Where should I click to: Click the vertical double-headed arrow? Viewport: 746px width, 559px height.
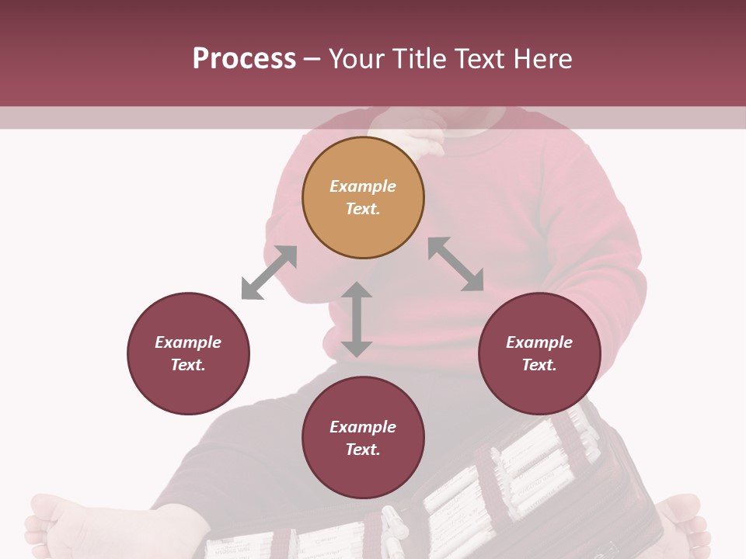click(357, 319)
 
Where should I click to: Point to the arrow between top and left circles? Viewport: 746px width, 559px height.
click(269, 273)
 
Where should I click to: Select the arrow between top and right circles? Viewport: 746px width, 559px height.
click(456, 264)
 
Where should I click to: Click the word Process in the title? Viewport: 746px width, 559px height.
click(244, 59)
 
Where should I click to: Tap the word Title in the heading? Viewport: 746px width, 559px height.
click(420, 59)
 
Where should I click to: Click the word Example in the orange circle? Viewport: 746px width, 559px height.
click(363, 186)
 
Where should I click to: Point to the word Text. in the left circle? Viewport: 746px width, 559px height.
click(188, 365)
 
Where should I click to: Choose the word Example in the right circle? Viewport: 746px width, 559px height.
click(539, 342)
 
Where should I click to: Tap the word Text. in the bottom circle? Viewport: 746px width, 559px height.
click(363, 450)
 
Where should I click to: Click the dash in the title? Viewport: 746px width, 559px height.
click(312, 59)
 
